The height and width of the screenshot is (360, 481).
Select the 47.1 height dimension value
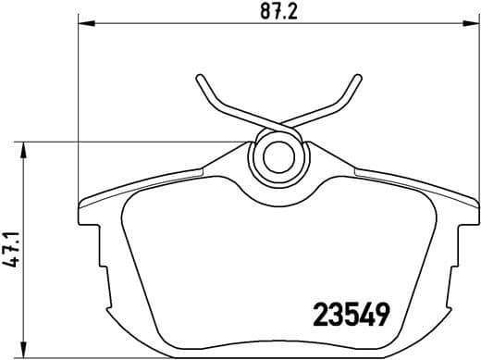coord(12,250)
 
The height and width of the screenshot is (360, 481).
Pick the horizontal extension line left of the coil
coord(139,142)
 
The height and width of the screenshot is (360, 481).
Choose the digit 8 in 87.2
coord(264,12)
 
